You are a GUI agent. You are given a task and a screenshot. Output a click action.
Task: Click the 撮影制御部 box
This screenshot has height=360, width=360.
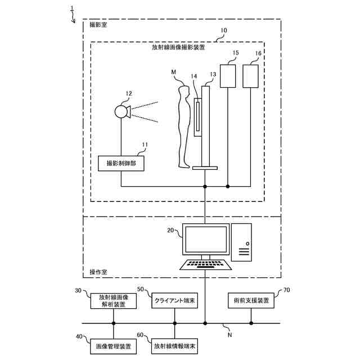click(x=120, y=164)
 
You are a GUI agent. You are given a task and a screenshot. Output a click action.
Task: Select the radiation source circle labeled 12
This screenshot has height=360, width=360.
click(x=121, y=111)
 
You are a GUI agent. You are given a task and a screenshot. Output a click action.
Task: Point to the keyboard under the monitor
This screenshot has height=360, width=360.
click(x=205, y=264)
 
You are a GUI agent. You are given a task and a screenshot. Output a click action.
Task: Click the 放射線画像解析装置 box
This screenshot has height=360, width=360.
click(x=114, y=300)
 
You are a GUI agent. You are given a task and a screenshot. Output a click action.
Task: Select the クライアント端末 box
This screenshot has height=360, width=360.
click(x=174, y=300)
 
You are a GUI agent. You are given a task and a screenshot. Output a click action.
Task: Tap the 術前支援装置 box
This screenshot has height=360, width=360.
click(x=251, y=300)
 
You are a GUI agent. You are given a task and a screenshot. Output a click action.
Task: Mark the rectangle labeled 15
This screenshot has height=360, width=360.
click(x=228, y=76)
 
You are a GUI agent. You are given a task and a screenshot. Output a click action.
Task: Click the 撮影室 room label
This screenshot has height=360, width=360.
click(x=97, y=25)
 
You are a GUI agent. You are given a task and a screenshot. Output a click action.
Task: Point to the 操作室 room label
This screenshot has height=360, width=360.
click(x=98, y=272)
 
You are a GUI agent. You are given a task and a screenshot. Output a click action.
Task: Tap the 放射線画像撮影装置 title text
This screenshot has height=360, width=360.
click(x=178, y=48)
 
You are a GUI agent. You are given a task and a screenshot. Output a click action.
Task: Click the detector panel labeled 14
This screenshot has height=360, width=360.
click(x=197, y=116)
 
